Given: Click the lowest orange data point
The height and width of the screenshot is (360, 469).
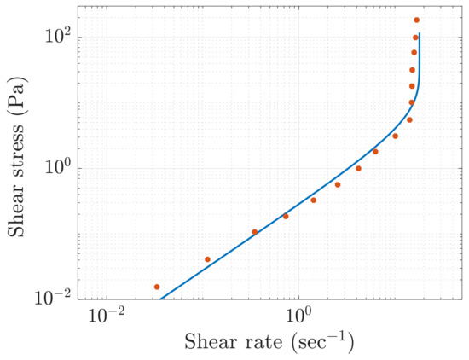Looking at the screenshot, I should (x=157, y=287).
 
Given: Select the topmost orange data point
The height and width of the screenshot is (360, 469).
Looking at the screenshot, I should (x=416, y=20).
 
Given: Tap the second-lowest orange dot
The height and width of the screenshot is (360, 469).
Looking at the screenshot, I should (x=207, y=259).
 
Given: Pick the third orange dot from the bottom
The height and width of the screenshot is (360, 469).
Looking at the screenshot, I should (x=255, y=232).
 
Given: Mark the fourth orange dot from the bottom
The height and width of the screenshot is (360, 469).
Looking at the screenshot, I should (x=286, y=216).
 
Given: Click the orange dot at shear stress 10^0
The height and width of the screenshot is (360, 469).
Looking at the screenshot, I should (x=358, y=168).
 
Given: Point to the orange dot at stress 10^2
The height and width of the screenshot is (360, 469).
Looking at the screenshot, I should (x=415, y=38).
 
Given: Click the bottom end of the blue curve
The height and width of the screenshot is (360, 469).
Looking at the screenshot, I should (x=161, y=299).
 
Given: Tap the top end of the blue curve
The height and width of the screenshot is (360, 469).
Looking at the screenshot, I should (x=420, y=34).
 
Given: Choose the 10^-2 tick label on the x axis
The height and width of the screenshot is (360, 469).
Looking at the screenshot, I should (x=107, y=316).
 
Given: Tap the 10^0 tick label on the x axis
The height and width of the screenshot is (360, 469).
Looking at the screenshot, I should (x=298, y=316).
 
